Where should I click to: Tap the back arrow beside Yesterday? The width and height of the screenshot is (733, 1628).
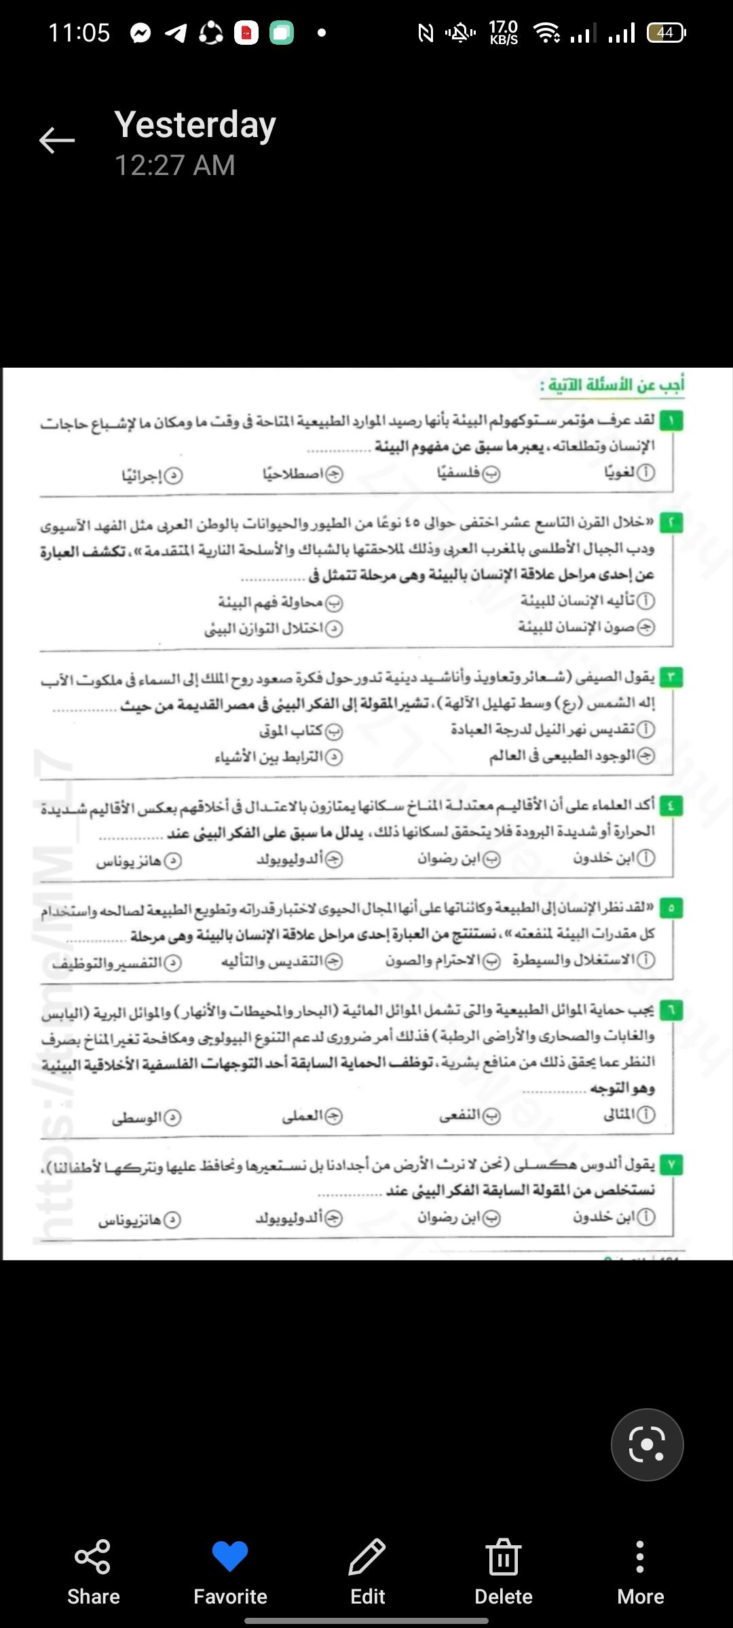(x=57, y=140)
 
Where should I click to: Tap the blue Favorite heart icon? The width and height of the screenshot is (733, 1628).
(x=230, y=1556)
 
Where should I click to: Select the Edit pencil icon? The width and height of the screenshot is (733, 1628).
(x=367, y=1556)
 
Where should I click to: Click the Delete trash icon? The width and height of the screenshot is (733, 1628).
(x=503, y=1556)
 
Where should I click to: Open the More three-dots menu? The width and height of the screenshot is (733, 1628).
(x=640, y=1556)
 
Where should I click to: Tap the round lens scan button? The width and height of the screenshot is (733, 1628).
(x=647, y=1445)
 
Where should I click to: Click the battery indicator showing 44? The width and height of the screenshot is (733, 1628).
(x=666, y=33)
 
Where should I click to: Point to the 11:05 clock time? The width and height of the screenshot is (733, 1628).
(x=79, y=33)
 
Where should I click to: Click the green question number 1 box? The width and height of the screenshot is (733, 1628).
(x=671, y=421)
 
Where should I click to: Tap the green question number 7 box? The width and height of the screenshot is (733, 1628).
(x=671, y=1165)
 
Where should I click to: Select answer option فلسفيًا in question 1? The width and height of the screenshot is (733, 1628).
(x=468, y=473)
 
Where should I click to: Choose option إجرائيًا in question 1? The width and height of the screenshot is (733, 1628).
(x=152, y=476)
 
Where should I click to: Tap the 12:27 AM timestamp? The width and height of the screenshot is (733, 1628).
(x=175, y=166)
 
